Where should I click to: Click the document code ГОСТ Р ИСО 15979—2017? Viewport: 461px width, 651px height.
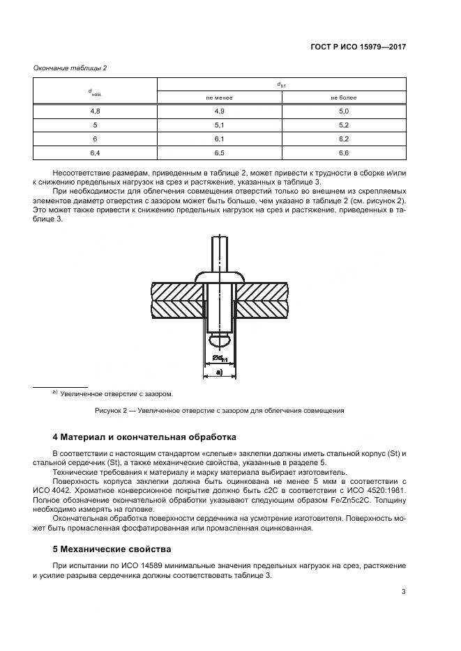pos(358,47)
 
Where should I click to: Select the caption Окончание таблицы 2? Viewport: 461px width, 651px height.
pos(70,68)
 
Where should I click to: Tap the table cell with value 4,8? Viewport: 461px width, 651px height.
pos(96,111)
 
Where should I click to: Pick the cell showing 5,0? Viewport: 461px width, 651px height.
pos(343,111)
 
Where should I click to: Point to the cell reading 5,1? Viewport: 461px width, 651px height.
pos(220,125)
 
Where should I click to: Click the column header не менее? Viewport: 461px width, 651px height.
pos(220,98)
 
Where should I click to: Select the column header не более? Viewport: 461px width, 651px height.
pos(343,98)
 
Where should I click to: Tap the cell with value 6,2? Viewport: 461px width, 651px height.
pos(343,138)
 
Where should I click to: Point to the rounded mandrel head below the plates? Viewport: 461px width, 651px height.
pos(220,339)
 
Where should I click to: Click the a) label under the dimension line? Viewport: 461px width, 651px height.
pos(219,372)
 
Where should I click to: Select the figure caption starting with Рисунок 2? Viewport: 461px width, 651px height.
pos(220,411)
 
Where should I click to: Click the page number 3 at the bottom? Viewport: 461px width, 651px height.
pos(403,592)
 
